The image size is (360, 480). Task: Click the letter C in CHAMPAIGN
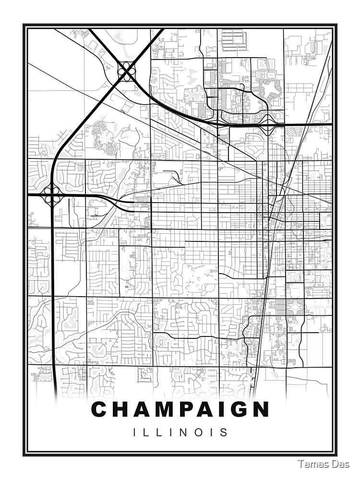tap(99, 409)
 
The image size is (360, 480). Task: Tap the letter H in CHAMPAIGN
tap(120, 409)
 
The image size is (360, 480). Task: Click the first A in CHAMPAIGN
tap(142, 409)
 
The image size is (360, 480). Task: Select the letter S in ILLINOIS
tap(224, 432)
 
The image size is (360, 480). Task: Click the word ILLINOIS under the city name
tap(180, 432)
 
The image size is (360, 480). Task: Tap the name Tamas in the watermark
tap(312, 464)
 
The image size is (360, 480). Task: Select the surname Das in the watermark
tap(340, 464)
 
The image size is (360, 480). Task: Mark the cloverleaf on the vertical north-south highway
tap(52, 195)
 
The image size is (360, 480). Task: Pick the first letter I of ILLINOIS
tap(135, 432)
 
